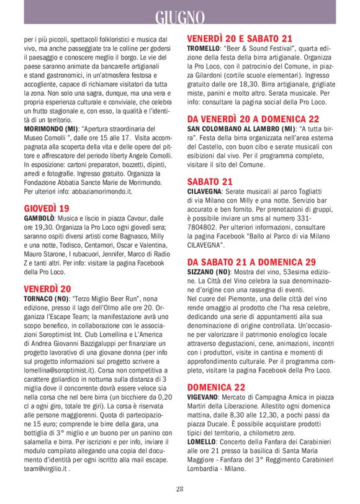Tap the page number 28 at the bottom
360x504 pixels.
click(179, 489)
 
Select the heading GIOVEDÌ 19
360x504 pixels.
click(47, 208)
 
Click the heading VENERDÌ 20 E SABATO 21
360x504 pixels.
click(240, 38)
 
